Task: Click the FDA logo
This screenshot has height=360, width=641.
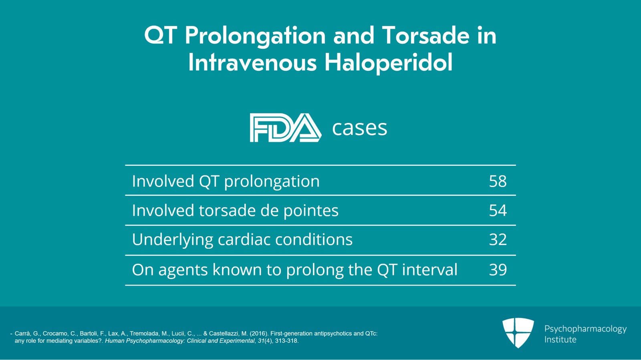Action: (x=285, y=128)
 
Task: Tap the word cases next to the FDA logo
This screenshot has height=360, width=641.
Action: (x=359, y=128)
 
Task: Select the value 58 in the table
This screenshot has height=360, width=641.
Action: (x=498, y=181)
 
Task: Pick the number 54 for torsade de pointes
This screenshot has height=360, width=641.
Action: (x=498, y=211)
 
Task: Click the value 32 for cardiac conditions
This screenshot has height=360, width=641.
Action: (x=498, y=240)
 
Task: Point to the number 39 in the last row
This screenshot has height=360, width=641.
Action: (x=498, y=270)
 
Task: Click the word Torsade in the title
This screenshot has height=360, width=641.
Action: (x=425, y=35)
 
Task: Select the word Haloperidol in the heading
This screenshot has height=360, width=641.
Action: (x=388, y=63)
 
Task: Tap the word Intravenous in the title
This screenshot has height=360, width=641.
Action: (x=252, y=63)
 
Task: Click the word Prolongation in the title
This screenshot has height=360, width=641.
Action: (x=255, y=36)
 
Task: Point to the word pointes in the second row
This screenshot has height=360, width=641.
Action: (x=311, y=211)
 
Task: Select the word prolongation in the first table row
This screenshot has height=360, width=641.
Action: (x=272, y=182)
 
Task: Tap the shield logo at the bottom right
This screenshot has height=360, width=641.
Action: (x=518, y=332)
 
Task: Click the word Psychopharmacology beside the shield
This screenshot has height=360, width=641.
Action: (x=585, y=329)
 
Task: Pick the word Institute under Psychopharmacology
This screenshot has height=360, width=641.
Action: (x=560, y=340)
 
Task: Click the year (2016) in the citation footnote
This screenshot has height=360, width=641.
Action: (x=258, y=334)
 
